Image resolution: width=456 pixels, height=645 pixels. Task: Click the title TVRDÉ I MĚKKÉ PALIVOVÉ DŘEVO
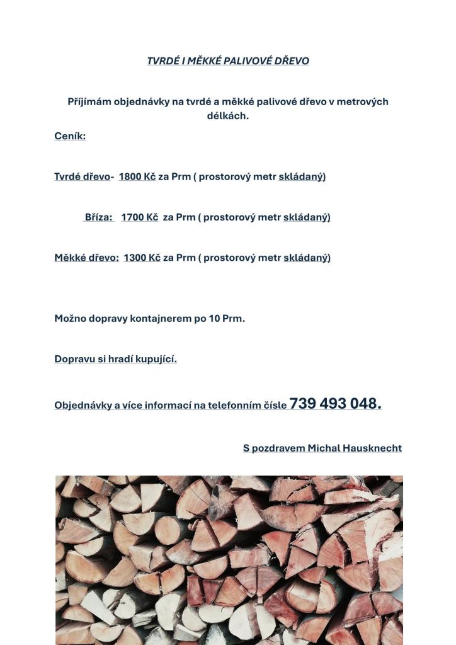click(x=228, y=61)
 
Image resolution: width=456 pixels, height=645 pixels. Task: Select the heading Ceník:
click(x=70, y=136)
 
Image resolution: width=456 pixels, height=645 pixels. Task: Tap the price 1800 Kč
click(x=137, y=176)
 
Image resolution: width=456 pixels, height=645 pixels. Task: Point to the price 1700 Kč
click(x=139, y=217)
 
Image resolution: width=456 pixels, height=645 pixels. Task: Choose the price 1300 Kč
click(x=142, y=258)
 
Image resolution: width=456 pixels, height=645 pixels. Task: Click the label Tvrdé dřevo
click(x=82, y=176)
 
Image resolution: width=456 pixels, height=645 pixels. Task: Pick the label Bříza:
click(x=99, y=217)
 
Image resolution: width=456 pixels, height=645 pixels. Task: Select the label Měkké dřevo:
click(x=86, y=258)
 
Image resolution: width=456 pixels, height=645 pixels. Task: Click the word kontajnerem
click(x=161, y=319)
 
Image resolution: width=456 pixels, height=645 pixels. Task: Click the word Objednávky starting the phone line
click(x=83, y=406)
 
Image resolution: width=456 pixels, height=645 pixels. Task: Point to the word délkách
click(x=228, y=116)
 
